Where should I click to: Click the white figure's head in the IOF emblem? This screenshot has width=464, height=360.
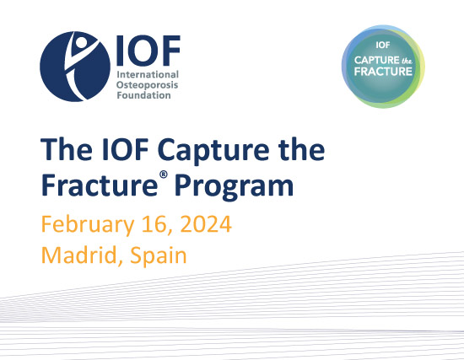80,41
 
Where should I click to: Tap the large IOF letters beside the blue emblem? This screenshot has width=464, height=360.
148,51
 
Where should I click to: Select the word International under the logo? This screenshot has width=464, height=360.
148,74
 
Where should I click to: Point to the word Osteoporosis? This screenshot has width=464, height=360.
147,85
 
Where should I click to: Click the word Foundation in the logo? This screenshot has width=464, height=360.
143,95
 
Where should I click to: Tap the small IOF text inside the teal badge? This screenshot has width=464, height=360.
383,45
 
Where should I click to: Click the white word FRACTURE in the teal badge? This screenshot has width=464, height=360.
383,72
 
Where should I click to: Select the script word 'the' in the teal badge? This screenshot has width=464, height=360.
407,61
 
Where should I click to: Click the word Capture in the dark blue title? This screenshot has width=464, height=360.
213,150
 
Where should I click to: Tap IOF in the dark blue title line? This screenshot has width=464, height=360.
125,149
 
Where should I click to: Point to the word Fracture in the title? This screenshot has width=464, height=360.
100,185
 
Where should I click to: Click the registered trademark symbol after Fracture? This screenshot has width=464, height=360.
164,175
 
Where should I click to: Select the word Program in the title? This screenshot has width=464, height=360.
234,187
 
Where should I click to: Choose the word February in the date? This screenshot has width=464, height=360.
88,225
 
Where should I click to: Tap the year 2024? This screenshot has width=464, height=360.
206,224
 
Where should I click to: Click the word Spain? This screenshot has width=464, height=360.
159,255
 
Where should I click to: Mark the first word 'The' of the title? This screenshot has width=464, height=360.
67,149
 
